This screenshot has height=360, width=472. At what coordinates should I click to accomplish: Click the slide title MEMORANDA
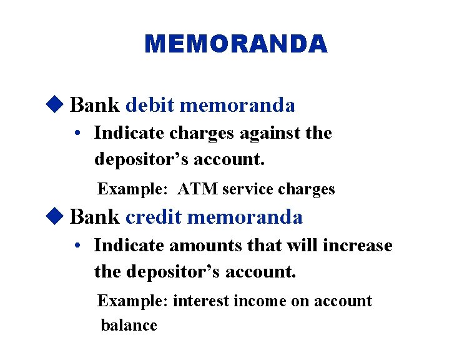(x=235, y=44)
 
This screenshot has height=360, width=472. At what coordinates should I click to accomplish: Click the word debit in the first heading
(x=149, y=105)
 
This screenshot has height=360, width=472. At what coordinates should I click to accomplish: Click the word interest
(x=201, y=301)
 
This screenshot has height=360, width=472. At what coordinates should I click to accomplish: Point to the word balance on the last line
(x=129, y=325)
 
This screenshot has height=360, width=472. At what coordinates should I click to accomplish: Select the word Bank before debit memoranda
(x=95, y=105)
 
